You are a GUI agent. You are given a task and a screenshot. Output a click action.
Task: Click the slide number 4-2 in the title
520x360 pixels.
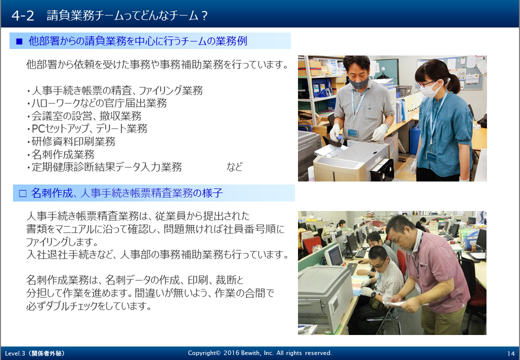click(22, 15)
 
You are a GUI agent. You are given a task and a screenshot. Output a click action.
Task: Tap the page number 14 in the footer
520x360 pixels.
click(510, 353)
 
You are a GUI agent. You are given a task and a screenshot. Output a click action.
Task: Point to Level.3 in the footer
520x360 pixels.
click(15, 353)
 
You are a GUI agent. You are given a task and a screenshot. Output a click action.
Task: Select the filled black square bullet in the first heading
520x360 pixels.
click(19, 41)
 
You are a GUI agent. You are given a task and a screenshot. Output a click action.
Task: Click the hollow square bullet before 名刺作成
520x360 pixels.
click(22, 193)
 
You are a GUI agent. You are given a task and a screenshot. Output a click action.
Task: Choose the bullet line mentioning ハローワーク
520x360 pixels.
click(97, 103)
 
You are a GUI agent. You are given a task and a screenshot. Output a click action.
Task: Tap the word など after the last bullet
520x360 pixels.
click(234, 166)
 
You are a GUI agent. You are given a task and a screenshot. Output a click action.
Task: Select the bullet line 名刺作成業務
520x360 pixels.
click(60, 154)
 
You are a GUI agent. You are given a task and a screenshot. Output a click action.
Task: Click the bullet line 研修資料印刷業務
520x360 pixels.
click(71, 141)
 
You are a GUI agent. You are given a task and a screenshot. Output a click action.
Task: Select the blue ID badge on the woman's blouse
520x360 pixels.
click(431, 156)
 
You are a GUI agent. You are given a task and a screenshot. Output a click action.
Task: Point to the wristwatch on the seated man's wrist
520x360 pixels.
click(373, 294)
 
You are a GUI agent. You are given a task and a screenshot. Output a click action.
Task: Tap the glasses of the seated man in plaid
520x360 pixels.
click(377, 264)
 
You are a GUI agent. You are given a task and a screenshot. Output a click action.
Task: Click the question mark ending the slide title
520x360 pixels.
click(204, 15)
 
